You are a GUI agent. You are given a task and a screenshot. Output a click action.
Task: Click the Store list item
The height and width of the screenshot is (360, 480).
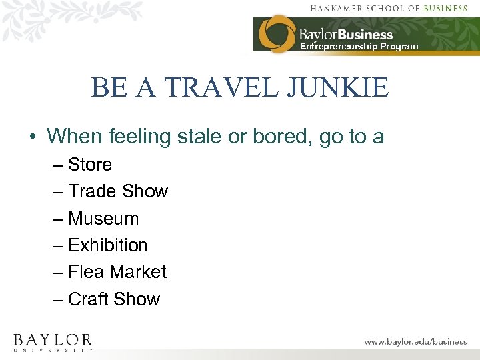[x=90, y=165]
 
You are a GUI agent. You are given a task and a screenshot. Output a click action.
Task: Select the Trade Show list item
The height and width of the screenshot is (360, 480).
[x=118, y=191]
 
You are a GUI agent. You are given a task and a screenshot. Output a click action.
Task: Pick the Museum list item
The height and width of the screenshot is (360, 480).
[x=103, y=219]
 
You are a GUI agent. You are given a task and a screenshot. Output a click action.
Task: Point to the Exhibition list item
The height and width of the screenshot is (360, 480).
[x=107, y=245]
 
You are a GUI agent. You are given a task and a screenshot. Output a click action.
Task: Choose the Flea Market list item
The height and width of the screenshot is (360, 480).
[x=117, y=272]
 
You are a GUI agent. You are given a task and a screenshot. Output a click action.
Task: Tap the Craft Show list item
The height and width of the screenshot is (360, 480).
[x=114, y=299]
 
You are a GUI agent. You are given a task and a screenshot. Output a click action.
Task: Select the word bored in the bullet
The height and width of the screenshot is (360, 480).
[x=269, y=136]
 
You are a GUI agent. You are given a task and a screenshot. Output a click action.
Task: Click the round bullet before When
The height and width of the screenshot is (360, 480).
[x=32, y=137]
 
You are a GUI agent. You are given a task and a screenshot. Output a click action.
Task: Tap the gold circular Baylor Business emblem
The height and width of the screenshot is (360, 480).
[x=277, y=33]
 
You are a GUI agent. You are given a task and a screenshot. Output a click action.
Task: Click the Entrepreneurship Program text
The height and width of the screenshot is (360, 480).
[x=359, y=47]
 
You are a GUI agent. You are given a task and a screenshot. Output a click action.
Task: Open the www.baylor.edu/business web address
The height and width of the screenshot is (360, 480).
[x=415, y=341]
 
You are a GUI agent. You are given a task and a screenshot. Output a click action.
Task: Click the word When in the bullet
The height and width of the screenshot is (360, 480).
[x=71, y=136]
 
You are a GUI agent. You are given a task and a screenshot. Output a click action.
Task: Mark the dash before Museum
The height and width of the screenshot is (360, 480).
[x=58, y=219]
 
